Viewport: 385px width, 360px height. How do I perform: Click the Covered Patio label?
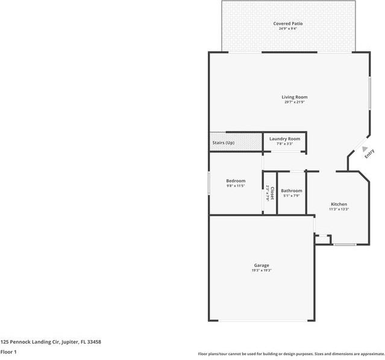click(x=288, y=23)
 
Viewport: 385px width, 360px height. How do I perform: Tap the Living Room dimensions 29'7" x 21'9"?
click(x=295, y=102)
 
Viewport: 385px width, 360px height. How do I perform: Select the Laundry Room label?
click(x=284, y=138)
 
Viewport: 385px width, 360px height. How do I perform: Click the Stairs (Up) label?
click(x=224, y=143)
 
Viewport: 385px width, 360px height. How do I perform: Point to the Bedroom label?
click(x=236, y=181)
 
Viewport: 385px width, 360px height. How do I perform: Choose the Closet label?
click(x=272, y=193)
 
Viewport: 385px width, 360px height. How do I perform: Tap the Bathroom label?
click(x=292, y=191)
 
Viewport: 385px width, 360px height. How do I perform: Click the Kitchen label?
click(x=339, y=204)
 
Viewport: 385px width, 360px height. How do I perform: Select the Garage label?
click(x=261, y=265)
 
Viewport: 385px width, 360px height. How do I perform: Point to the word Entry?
click(x=369, y=154)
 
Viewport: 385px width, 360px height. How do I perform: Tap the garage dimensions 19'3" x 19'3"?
click(x=261, y=271)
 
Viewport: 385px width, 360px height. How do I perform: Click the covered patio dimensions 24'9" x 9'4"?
click(x=288, y=28)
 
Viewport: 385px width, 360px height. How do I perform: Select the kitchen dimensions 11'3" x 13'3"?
click(x=339, y=209)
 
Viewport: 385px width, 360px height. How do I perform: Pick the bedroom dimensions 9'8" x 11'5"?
click(x=236, y=186)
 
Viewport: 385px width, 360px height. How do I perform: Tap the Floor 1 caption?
click(x=8, y=352)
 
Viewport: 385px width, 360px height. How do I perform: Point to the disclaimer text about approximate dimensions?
click(x=291, y=354)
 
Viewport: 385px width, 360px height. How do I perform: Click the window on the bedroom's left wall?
click(x=209, y=183)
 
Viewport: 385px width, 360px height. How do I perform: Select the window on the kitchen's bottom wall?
click(x=345, y=244)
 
